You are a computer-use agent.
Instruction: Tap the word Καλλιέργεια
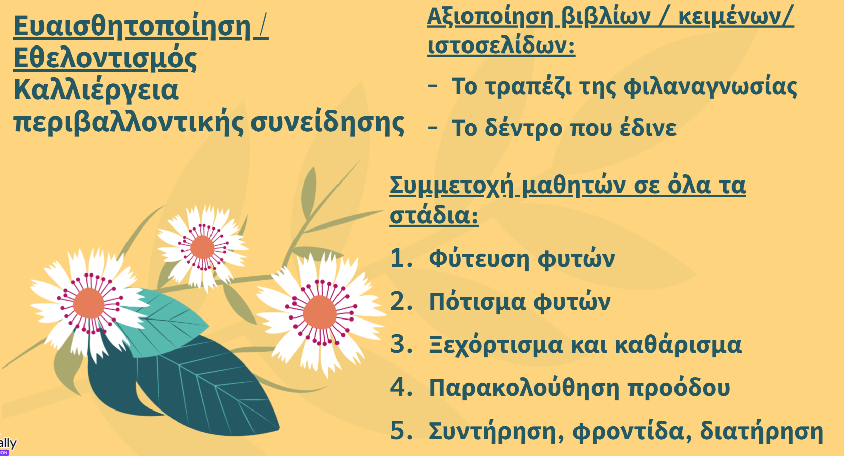[96, 91]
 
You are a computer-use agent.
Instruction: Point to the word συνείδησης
[327, 123]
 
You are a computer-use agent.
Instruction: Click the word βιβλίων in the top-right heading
[606, 17]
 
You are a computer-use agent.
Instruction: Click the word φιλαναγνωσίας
[710, 88]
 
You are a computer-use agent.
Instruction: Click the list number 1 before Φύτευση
[398, 258]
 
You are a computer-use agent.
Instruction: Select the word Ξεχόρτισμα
[496, 345]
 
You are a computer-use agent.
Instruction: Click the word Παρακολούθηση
[524, 388]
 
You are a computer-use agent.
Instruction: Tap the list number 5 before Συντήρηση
[399, 430]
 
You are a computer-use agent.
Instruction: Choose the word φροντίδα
[628, 431]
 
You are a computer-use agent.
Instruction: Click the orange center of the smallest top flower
[202, 247]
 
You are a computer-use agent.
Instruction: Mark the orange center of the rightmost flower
[319, 312]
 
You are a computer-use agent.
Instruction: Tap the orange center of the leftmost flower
[89, 304]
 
